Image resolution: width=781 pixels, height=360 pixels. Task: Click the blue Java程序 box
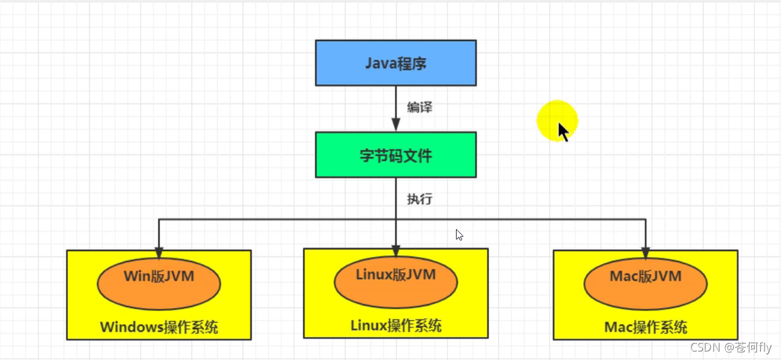[395, 63]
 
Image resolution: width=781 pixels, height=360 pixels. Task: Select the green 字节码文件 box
[395, 155]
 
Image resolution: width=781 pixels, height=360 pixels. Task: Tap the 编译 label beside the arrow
[420, 108]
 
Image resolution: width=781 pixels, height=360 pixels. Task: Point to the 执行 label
[420, 198]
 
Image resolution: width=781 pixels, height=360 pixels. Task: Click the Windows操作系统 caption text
[159, 328]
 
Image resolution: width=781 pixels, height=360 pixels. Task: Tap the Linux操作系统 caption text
[395, 325]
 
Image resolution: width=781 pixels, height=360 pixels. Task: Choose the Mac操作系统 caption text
[645, 328]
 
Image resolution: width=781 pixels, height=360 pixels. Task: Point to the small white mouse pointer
[460, 235]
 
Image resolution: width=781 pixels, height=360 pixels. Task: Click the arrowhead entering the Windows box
[159, 253]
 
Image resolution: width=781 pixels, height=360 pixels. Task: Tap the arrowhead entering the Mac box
[645, 253]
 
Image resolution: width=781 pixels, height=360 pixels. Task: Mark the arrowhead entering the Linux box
[395, 251]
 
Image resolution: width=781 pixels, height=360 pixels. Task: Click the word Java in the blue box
[380, 63]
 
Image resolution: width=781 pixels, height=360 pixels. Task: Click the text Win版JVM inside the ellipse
[159, 276]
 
